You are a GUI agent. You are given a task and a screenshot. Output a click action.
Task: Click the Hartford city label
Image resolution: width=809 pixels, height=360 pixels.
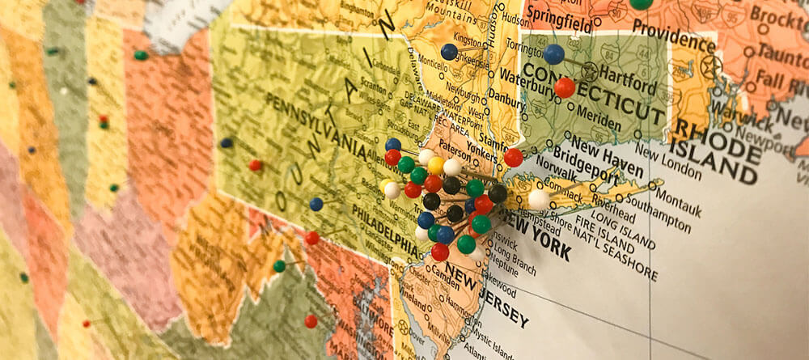pos(629,83)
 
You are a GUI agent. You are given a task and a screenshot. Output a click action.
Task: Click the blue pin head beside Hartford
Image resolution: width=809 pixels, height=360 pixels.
pos(553,54)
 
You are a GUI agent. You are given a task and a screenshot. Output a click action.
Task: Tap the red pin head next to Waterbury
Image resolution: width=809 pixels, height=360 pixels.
pos(565,87)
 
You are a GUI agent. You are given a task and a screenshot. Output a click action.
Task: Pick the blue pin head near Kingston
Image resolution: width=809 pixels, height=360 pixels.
pos(449,52)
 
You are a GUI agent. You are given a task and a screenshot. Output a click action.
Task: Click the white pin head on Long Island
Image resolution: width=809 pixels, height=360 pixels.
pos(539,200)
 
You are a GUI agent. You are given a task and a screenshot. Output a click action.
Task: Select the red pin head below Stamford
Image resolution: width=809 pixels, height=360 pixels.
pos(513,158)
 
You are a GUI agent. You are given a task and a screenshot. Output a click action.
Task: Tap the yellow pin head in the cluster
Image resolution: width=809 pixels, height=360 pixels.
pos(436,166)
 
